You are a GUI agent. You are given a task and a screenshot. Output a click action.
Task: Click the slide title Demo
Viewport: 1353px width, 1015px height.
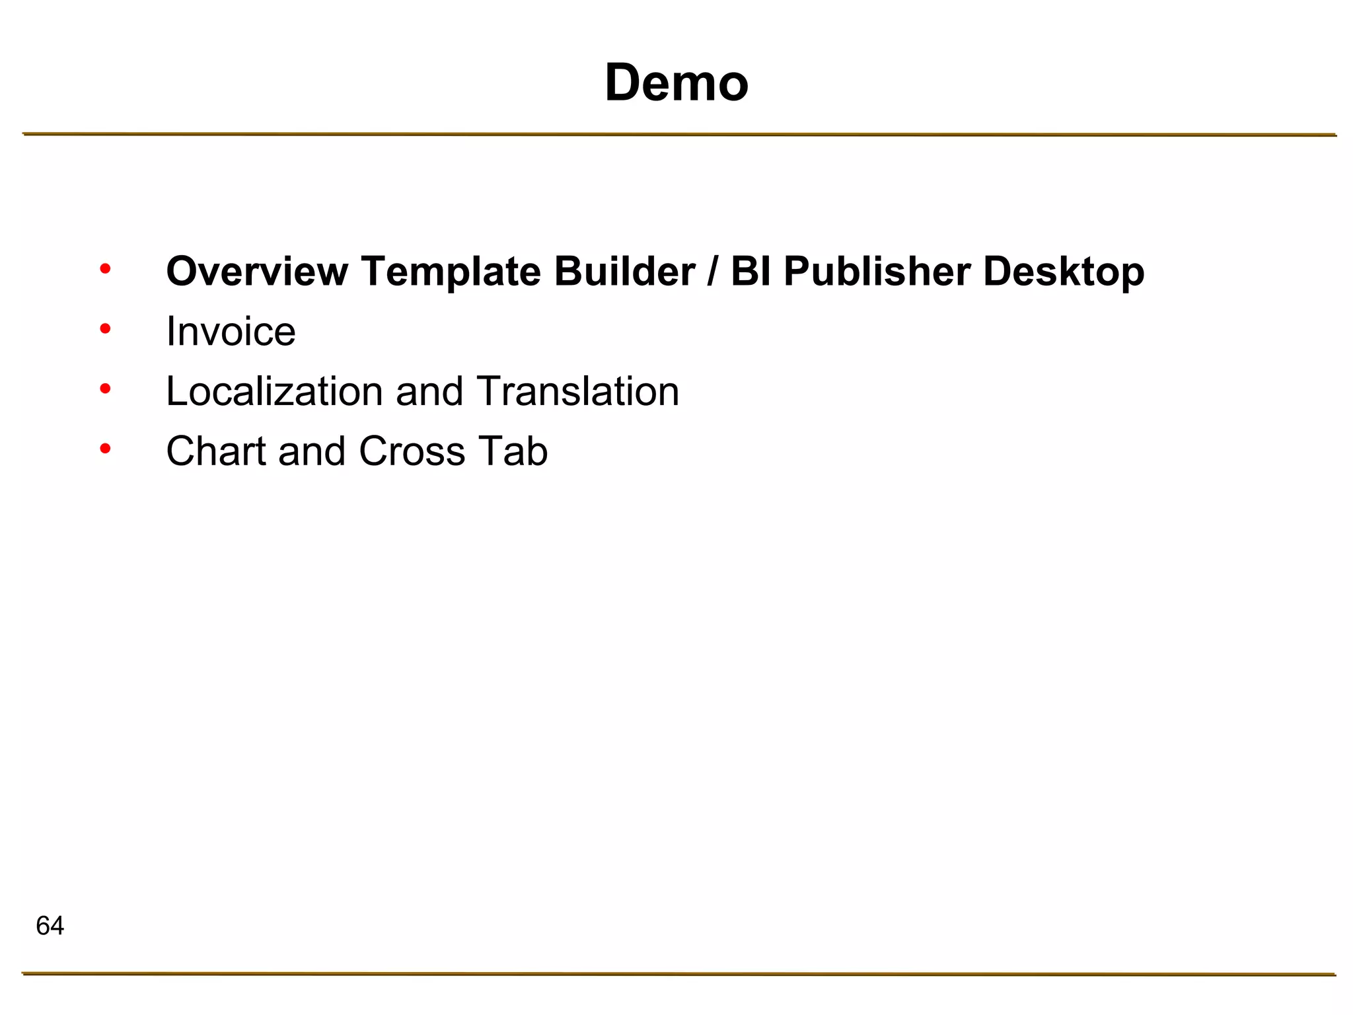tap(676, 83)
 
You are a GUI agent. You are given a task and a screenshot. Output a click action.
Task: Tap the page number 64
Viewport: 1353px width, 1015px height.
tap(50, 926)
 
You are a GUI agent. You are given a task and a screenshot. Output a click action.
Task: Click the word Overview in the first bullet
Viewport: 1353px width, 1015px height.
tap(257, 272)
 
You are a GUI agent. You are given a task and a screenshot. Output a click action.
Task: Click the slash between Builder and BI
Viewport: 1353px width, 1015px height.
tap(712, 272)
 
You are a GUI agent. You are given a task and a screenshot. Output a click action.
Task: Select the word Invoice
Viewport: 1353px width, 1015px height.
tap(231, 332)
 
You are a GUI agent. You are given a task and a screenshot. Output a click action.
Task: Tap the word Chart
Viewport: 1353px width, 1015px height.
tap(216, 452)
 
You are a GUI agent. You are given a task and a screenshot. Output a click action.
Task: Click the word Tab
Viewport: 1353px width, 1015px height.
tap(513, 452)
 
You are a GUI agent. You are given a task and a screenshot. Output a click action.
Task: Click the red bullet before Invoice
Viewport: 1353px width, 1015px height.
tap(105, 328)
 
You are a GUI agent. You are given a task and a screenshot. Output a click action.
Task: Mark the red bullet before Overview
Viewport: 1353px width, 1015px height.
tap(105, 268)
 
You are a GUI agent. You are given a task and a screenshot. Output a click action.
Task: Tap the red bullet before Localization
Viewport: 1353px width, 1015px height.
tap(105, 389)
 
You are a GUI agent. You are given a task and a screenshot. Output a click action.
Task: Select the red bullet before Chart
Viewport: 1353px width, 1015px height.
tap(105, 449)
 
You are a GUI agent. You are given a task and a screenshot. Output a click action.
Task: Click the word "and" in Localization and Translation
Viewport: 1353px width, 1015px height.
tap(429, 392)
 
